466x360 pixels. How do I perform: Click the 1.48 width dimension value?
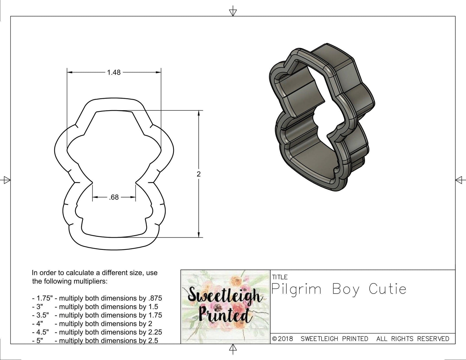coord(114,73)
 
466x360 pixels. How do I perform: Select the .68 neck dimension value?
coord(114,197)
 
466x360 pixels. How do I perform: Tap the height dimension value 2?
coord(199,174)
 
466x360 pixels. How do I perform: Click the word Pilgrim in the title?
coord(296,290)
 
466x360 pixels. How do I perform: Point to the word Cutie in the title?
coord(387,289)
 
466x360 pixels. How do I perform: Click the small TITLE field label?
coord(280,277)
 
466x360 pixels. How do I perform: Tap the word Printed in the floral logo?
coord(223,316)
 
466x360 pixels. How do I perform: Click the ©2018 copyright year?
coord(283,339)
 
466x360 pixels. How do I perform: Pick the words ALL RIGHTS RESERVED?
coord(413,339)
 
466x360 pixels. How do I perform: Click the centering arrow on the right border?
coord(460,180)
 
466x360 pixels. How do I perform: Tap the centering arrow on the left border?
coord(6,180)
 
